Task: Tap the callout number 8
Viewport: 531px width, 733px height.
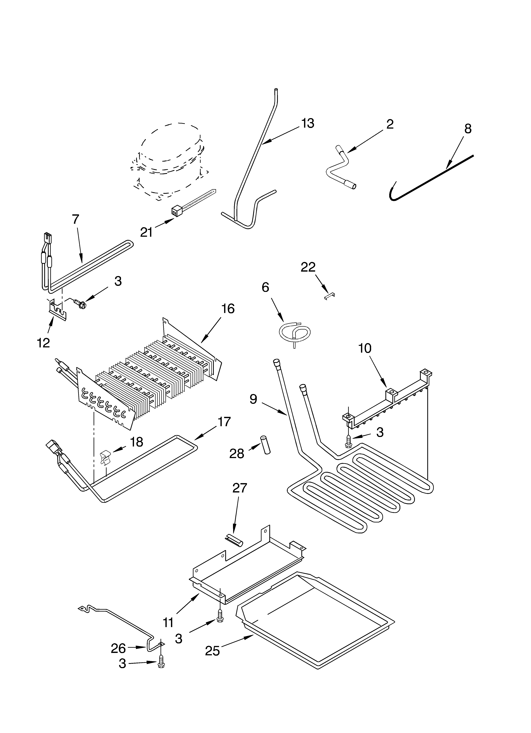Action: point(468,129)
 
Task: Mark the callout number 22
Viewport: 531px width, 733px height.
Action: point(308,267)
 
